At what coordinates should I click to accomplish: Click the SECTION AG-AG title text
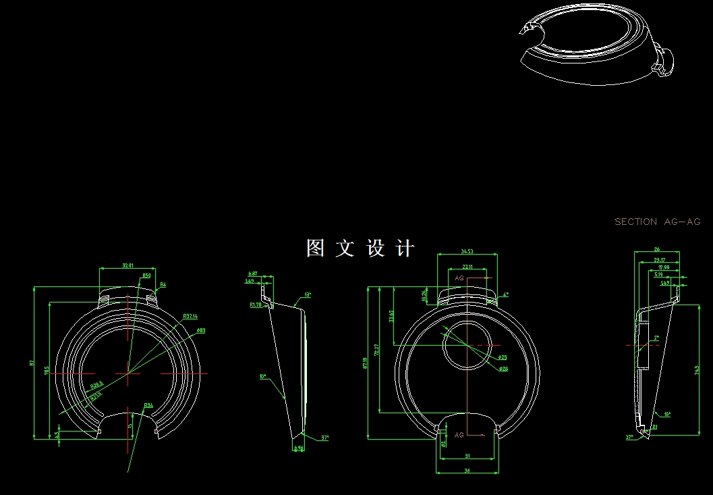658,222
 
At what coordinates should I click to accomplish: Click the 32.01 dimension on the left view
127,265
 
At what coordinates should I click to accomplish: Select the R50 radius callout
146,276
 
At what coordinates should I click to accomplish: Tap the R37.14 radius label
190,316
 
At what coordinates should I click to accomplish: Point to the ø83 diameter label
201,330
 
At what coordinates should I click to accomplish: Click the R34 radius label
148,405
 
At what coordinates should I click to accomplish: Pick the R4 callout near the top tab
163,284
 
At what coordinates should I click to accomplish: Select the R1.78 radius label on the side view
256,305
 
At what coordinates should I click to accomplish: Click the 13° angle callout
308,295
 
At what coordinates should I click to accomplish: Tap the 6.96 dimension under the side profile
298,448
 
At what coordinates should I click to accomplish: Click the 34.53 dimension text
467,251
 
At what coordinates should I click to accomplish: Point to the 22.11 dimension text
467,267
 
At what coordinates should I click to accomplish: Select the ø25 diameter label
503,357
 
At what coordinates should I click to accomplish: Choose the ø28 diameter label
503,369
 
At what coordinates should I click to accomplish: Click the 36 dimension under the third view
467,471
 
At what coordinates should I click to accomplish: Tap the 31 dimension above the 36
467,457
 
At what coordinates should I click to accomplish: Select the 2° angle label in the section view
656,338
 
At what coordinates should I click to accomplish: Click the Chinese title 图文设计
360,248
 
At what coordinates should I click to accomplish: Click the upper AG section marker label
459,278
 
